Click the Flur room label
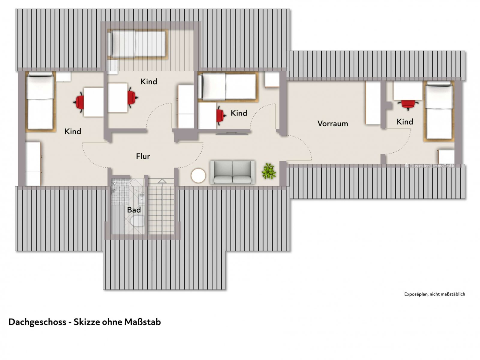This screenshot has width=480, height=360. pos(143,156)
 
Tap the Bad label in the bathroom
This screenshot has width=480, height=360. pos(134,210)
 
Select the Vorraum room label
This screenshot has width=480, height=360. pos(333,124)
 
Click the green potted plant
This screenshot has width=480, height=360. pos(268,171)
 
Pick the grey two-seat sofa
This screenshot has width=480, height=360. pos(232,172)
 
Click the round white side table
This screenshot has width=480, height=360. pos(198,176)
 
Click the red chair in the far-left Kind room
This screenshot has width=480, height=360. pos(79,102)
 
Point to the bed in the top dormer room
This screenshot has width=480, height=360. pos(137,44)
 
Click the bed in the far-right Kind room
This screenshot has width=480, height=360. pos(439,111)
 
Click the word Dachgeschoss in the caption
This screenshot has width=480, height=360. pos(37,322)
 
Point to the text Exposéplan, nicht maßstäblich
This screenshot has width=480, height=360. pos(434,294)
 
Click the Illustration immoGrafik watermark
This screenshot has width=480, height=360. pos(430,166)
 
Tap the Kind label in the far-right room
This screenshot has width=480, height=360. pos(405,122)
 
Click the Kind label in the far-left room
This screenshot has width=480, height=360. pos(73,131)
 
